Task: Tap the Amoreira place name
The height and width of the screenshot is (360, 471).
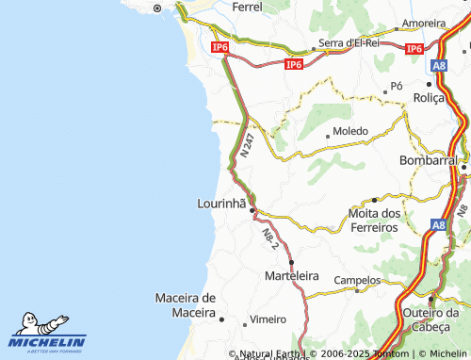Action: point(423,22)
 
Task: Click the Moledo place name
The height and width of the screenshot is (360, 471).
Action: point(350,133)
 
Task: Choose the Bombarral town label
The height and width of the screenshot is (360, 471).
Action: point(428,160)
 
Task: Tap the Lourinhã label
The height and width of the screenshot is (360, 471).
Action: point(221,203)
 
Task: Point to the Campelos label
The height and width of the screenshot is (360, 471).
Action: point(358,280)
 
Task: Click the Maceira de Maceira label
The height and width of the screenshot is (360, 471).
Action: point(185,305)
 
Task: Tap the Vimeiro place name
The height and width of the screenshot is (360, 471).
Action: point(267,319)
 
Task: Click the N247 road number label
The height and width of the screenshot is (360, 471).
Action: point(247,146)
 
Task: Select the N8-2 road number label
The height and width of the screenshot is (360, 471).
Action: point(270,238)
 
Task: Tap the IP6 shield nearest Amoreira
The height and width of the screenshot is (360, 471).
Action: point(414,48)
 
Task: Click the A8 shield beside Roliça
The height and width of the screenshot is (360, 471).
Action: point(439,66)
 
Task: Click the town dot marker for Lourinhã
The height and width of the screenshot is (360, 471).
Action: point(252,210)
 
